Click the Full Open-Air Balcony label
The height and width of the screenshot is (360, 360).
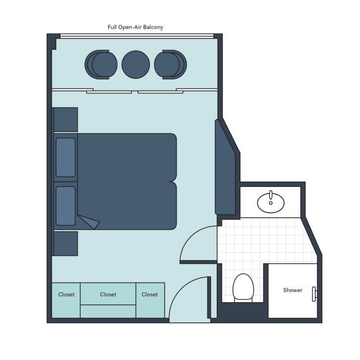point(135,27)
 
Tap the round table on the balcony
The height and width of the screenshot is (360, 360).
point(135,64)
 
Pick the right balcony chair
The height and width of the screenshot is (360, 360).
point(170,64)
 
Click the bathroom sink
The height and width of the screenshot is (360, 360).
point(271,202)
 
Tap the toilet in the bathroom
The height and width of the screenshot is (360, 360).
point(243,287)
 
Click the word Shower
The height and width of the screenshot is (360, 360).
point(293,290)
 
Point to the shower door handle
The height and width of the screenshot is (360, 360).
point(314,294)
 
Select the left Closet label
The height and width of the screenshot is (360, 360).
point(66,295)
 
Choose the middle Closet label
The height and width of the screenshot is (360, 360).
point(108,295)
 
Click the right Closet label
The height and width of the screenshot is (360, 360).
point(150,295)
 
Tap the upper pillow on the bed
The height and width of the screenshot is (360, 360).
point(65,157)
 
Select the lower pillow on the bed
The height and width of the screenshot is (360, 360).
point(65,206)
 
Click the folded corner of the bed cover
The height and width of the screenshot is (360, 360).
point(89,222)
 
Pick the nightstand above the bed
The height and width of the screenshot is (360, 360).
point(65,120)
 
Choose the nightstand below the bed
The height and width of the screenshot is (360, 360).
point(65,243)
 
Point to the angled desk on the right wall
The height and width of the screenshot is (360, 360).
point(225,169)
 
